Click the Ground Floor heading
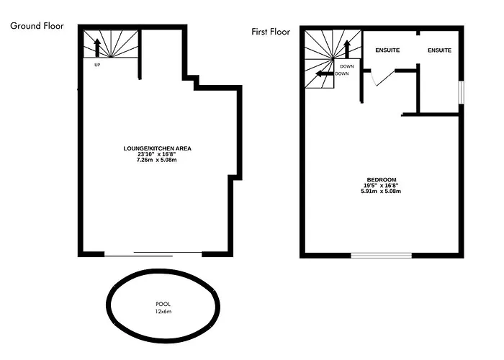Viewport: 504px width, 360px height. pyautogui.click(x=37, y=26)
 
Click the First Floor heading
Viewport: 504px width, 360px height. pyautogui.click(x=271, y=32)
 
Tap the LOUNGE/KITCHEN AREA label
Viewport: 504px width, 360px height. pyautogui.click(x=157, y=148)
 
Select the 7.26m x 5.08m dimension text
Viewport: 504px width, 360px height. pyautogui.click(x=156, y=160)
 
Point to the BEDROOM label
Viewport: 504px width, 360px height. pyautogui.click(x=382, y=180)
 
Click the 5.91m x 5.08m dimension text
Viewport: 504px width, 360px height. pyautogui.click(x=381, y=192)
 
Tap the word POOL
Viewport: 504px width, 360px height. pyautogui.click(x=163, y=304)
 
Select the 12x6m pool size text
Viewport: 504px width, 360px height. pyautogui.click(x=163, y=312)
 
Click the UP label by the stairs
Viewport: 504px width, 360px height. pyautogui.click(x=97, y=65)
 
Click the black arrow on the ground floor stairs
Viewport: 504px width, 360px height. pyautogui.click(x=97, y=48)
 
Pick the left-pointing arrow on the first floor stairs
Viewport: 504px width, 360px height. pyautogui.click(x=325, y=74)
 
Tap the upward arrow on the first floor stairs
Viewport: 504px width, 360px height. pyautogui.click(x=347, y=49)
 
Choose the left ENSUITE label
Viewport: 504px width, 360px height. pyautogui.click(x=387, y=50)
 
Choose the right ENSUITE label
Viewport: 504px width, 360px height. pyautogui.click(x=439, y=50)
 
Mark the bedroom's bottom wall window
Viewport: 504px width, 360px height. pyautogui.click(x=381, y=256)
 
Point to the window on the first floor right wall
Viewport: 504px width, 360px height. pyautogui.click(x=462, y=93)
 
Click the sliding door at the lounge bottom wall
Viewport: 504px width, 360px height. pyautogui.click(x=153, y=254)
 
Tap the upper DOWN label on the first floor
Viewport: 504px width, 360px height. pyautogui.click(x=347, y=66)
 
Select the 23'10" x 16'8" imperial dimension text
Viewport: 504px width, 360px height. pyautogui.click(x=156, y=154)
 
